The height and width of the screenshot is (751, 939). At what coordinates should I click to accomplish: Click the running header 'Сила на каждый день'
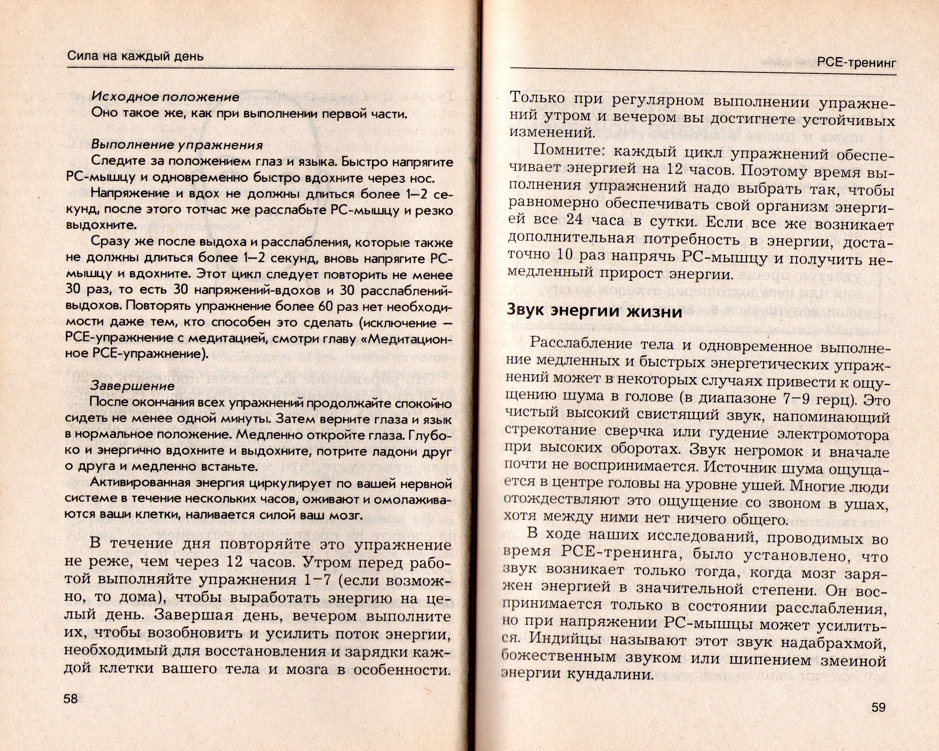coord(136,56)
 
